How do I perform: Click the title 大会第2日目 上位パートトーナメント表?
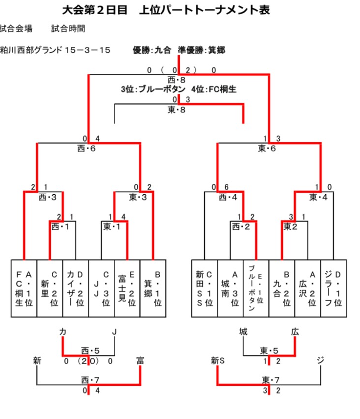[x=166, y=10]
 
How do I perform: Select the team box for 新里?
[x=49, y=288]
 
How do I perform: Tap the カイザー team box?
[x=75, y=288]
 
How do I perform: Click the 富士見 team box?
[x=127, y=288]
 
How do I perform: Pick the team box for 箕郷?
[x=153, y=288]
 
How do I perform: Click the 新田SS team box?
[x=204, y=288]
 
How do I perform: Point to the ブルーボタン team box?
[x=256, y=288]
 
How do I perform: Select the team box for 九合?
[x=282, y=288]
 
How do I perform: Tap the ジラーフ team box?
[x=334, y=288]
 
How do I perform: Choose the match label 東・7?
[x=269, y=379]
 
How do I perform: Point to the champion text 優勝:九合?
[x=151, y=50]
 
